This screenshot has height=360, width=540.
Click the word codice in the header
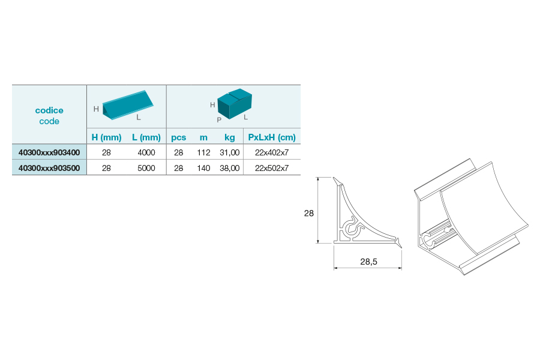49,110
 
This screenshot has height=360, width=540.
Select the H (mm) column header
106,137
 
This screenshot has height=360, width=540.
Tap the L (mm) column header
146,137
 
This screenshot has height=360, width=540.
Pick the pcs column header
178,137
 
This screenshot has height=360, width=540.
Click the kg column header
230,137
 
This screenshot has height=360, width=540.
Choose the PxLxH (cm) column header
272,137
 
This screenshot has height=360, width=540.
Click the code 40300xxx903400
49,152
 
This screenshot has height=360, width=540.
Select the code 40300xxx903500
49,168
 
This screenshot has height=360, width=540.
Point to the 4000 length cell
146,152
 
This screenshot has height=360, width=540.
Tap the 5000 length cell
146,168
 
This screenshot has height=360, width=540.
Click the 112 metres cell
203,152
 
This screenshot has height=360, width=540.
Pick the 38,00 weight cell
230,168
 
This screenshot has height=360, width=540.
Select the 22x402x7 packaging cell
272,152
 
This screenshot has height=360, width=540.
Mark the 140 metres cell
203,168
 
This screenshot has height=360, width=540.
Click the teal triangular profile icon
128,105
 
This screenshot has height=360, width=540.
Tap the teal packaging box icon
235,104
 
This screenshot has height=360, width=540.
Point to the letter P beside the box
219,120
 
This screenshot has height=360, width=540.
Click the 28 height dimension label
309,213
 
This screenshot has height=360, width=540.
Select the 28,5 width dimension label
368,262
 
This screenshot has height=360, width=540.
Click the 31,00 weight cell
230,152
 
